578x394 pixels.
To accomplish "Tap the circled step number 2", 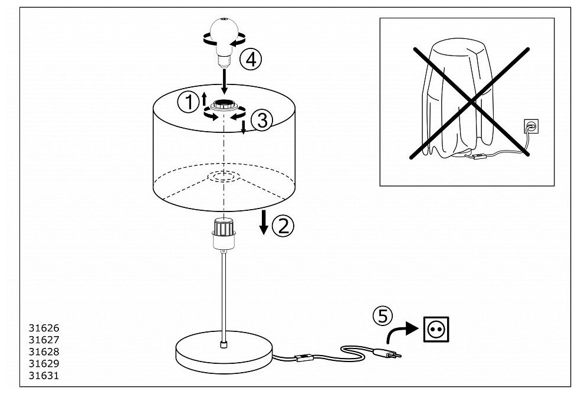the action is pyautogui.click(x=283, y=226).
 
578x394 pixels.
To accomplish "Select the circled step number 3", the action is pyautogui.click(x=261, y=120).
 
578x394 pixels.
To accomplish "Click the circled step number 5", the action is pyautogui.click(x=383, y=317).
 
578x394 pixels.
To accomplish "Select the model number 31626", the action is pyautogui.click(x=44, y=328).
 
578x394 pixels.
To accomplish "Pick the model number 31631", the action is pyautogui.click(x=44, y=375).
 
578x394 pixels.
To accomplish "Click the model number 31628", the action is pyautogui.click(x=44, y=351).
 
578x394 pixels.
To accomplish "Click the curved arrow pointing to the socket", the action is pyautogui.click(x=399, y=333).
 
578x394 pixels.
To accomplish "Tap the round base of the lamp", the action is pyautogui.click(x=224, y=354).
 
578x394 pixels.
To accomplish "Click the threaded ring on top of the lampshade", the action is pyautogui.click(x=225, y=106).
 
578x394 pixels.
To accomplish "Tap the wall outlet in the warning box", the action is pyautogui.click(x=530, y=126).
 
